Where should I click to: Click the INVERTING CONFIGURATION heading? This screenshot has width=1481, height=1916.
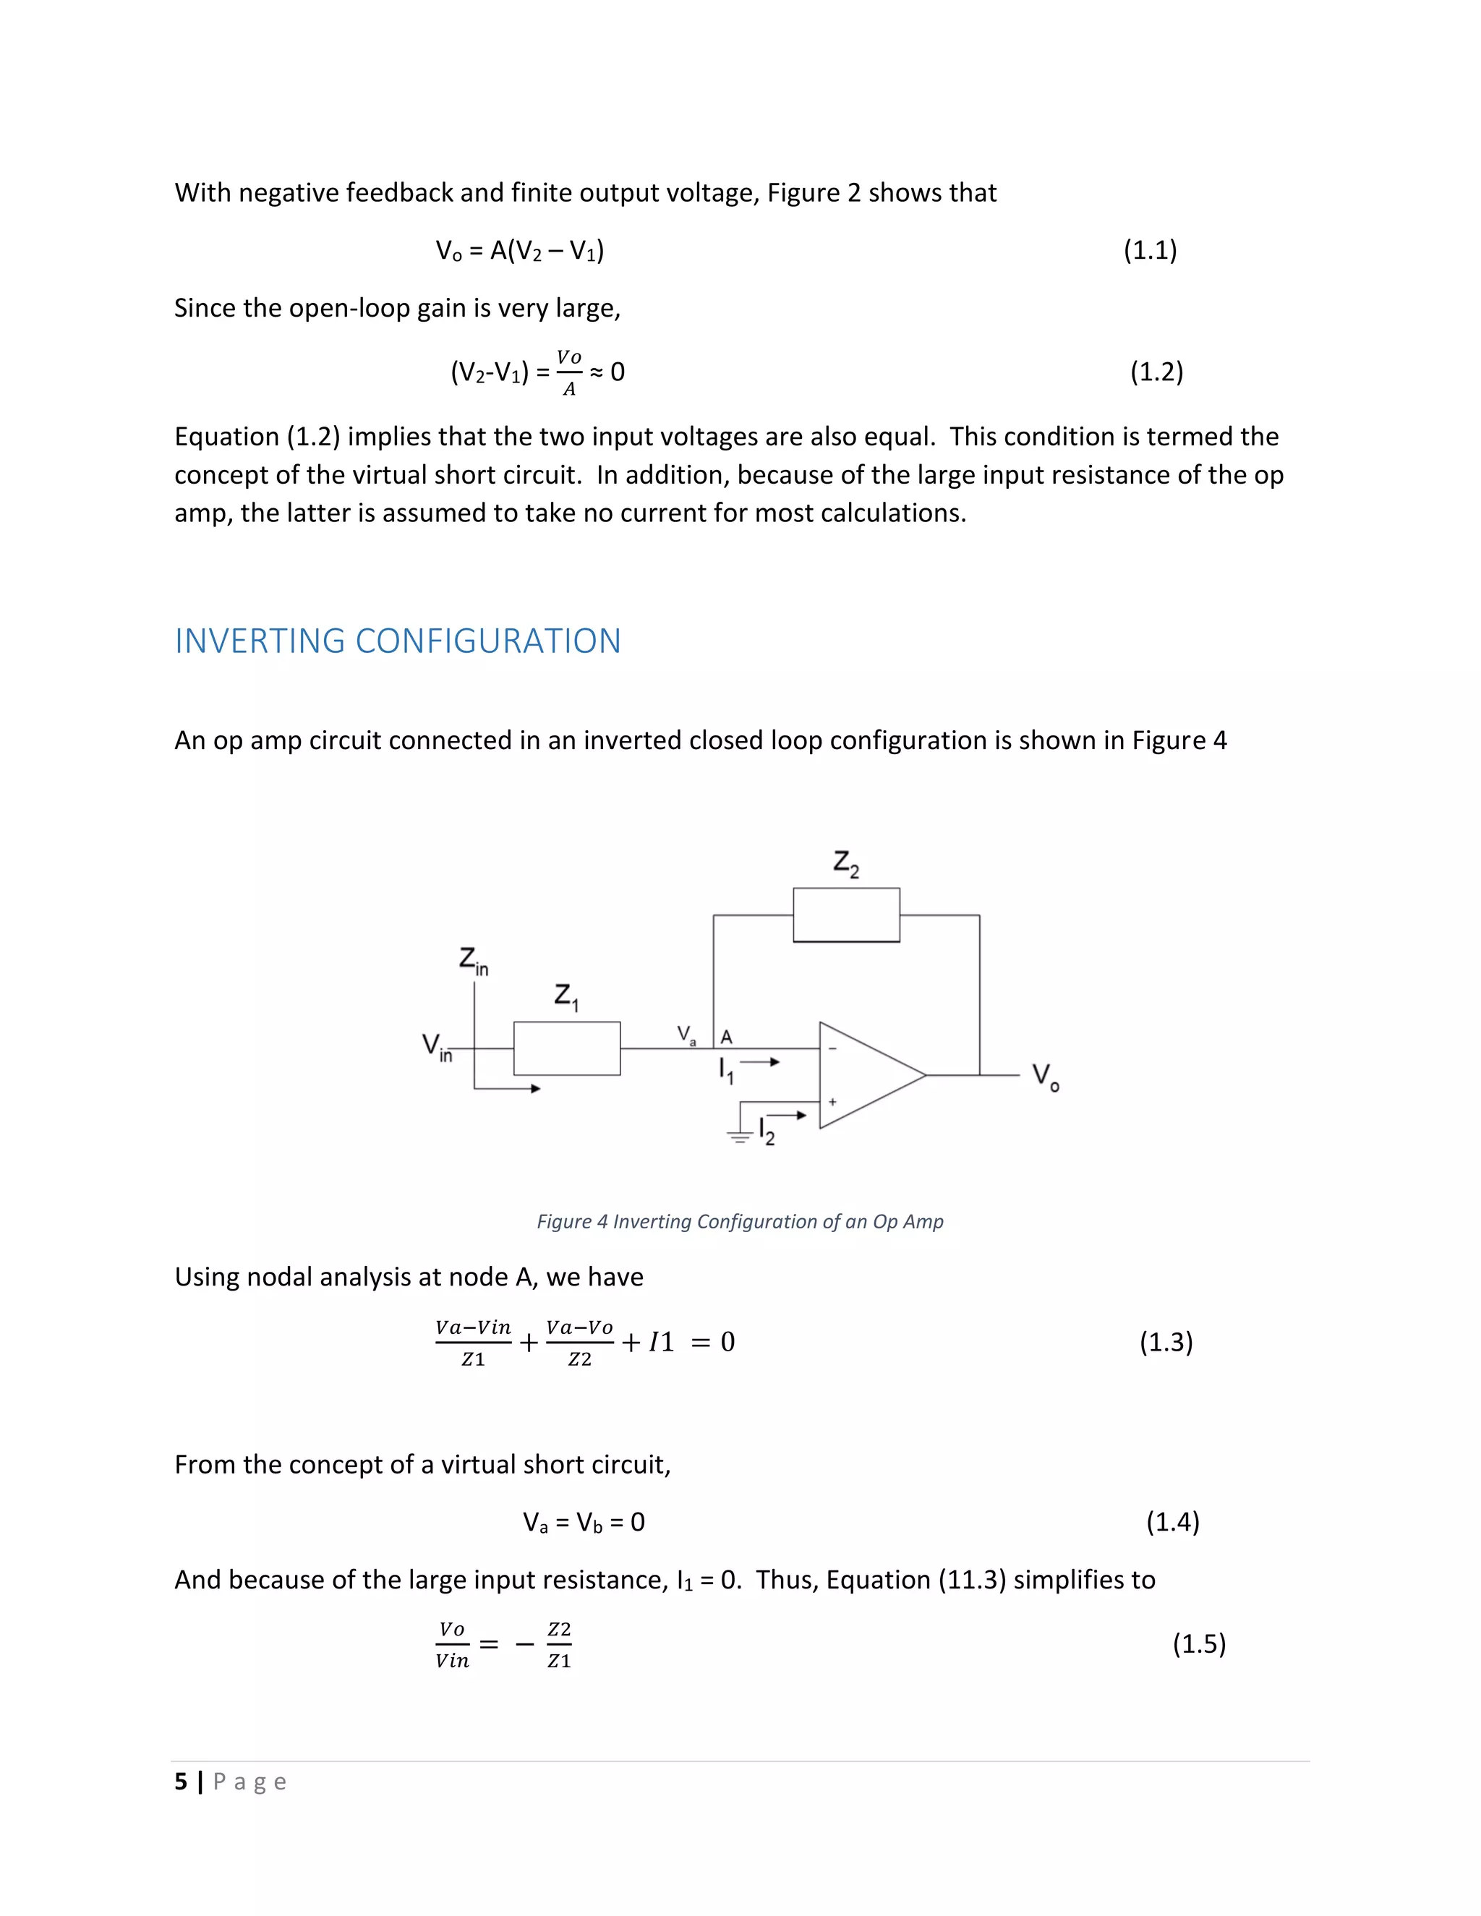pyautogui.click(x=398, y=641)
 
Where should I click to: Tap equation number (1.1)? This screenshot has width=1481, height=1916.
pyautogui.click(x=1149, y=251)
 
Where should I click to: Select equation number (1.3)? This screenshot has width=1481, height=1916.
pyautogui.click(x=1165, y=1342)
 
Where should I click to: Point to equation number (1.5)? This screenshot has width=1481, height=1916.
pyautogui.click(x=1198, y=1644)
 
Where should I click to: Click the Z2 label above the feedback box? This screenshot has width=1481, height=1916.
pyautogui.click(x=846, y=863)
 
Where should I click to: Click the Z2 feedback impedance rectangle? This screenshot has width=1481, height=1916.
pyautogui.click(x=846, y=915)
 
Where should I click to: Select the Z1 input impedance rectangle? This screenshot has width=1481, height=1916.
pyautogui.click(x=567, y=1048)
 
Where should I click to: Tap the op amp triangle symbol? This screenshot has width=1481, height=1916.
pyautogui.click(x=868, y=1074)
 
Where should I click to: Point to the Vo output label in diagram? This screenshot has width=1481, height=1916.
pyautogui.click(x=1045, y=1077)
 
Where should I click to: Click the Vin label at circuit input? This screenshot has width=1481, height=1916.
pyautogui.click(x=436, y=1048)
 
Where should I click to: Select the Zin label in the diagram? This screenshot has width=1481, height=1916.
pyautogui.click(x=473, y=962)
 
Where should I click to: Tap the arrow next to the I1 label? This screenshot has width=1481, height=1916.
pyautogui.click(x=761, y=1062)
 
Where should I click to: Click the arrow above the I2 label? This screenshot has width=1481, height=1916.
pyautogui.click(x=789, y=1115)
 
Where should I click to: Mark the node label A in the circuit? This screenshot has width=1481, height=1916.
pyautogui.click(x=727, y=1037)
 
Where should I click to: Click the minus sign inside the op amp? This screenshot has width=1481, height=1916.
pyautogui.click(x=832, y=1048)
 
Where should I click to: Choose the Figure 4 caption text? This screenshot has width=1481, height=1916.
pyautogui.click(x=740, y=1222)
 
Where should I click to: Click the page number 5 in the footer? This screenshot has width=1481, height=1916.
pyautogui.click(x=181, y=1782)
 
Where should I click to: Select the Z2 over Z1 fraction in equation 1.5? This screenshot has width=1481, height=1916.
pyautogui.click(x=559, y=1645)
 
